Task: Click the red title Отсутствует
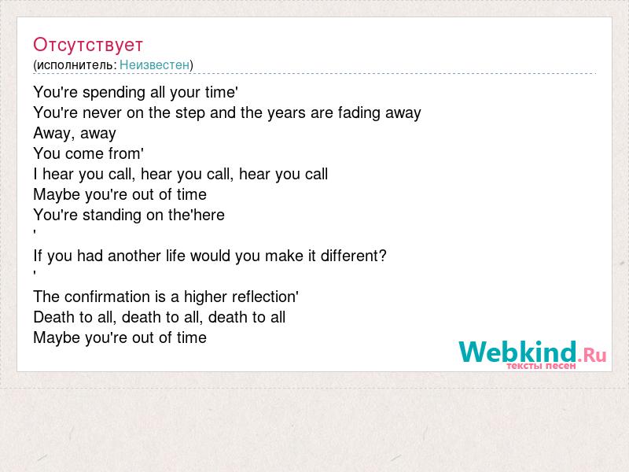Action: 88,45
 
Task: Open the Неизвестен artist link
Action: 154,65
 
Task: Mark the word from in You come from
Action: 126,153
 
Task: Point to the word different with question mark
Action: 353,256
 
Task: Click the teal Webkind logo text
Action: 517,352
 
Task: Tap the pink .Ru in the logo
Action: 592,355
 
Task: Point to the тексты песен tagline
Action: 541,366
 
